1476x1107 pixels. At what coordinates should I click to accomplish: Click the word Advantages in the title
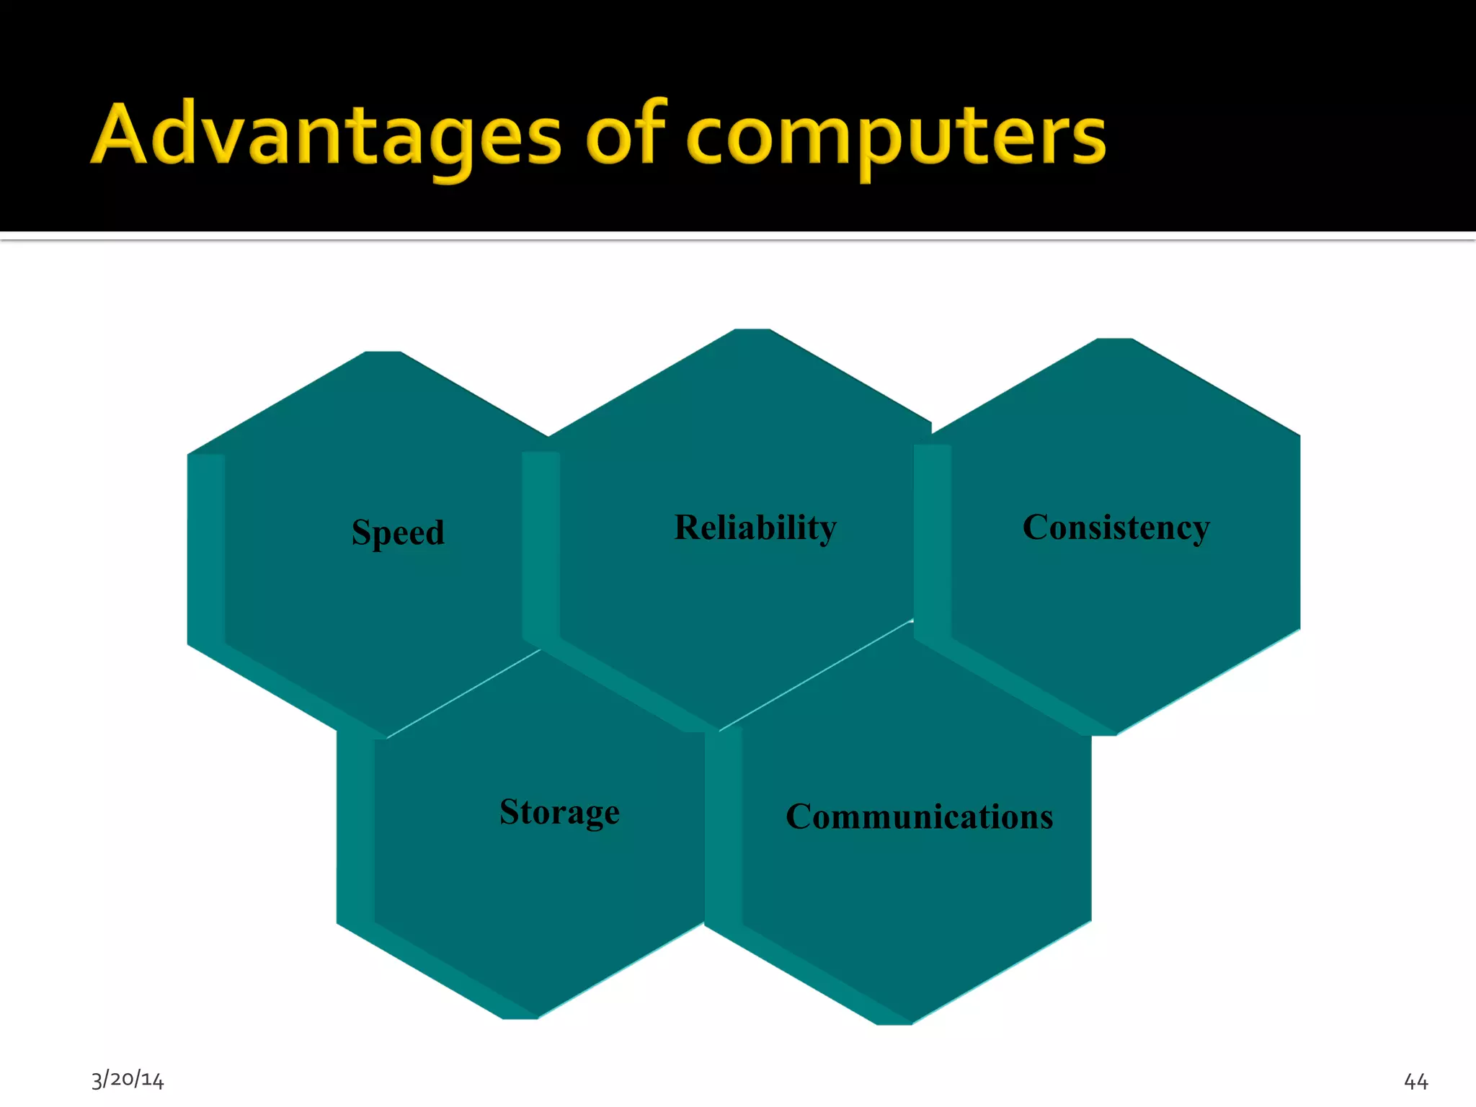326,135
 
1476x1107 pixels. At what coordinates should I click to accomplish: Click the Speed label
398,533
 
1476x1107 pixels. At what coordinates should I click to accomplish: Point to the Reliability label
755,528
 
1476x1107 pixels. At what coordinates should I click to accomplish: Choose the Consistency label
1116,528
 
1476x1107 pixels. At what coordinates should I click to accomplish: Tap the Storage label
559,812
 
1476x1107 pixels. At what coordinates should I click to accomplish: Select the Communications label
919,817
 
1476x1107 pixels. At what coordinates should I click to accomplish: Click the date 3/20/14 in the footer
128,1079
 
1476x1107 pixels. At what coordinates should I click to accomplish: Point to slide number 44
1415,1081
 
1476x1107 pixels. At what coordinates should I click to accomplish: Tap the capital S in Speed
361,532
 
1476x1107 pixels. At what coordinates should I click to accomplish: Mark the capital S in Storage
511,812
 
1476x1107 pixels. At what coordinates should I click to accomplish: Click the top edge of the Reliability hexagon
752,331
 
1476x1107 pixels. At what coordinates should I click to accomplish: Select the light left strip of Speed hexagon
206,548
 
